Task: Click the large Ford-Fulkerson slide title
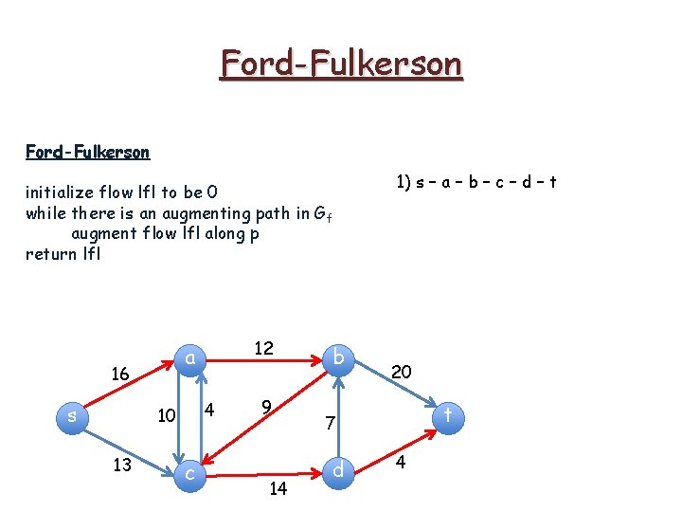341,64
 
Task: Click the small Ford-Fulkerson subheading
87,152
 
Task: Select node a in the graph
189,357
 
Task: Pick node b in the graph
338,357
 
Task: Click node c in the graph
189,471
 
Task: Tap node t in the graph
448,414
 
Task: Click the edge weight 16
120,375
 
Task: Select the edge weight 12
263,348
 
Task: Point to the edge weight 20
401,372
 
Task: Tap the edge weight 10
167,415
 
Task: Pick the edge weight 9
267,408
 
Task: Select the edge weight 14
278,488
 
